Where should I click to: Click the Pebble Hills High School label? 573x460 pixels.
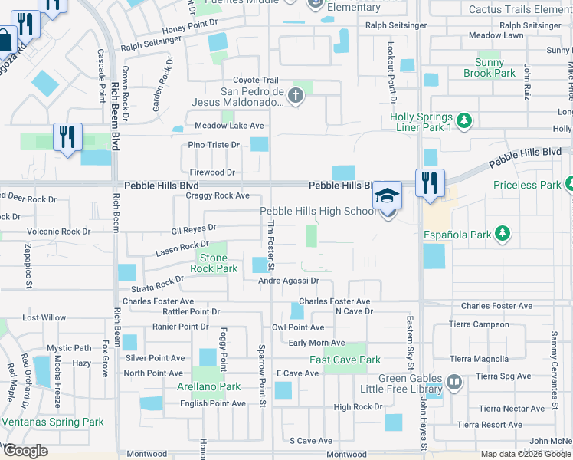[x=318, y=212]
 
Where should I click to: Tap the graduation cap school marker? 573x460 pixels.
[x=388, y=196]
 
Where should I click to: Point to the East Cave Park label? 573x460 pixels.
[x=345, y=360]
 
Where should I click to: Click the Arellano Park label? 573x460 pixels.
[x=208, y=387]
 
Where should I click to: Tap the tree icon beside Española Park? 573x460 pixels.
[x=502, y=233]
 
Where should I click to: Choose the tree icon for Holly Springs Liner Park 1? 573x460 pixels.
[x=463, y=120]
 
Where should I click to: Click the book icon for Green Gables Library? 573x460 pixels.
[x=453, y=381]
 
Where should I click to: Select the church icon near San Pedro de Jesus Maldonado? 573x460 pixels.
[x=296, y=96]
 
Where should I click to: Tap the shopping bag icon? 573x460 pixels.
[x=5, y=40]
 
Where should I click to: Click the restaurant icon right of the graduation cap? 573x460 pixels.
[x=430, y=182]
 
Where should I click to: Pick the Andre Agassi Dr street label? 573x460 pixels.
[x=287, y=281]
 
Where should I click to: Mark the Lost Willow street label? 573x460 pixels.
[x=44, y=317]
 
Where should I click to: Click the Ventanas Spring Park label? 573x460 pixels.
[x=52, y=422]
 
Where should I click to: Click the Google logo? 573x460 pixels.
[x=25, y=451]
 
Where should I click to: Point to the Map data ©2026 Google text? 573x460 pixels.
[x=525, y=454]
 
